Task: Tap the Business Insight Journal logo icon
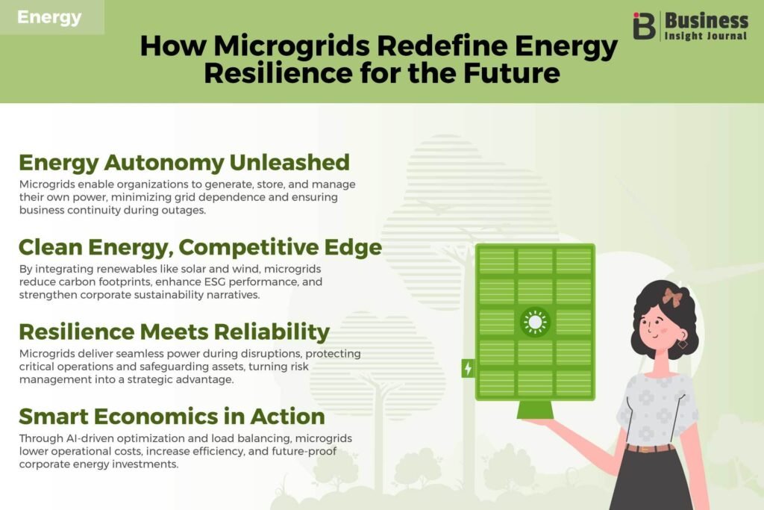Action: pyautogui.click(x=644, y=26)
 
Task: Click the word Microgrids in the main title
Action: pyautogui.click(x=292, y=46)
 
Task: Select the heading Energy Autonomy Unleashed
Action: pyautogui.click(x=184, y=163)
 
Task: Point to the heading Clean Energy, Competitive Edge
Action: pyautogui.click(x=200, y=248)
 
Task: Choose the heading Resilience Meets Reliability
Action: pyautogui.click(x=175, y=332)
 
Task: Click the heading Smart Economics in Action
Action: pyautogui.click(x=172, y=417)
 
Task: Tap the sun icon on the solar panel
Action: pyautogui.click(x=535, y=323)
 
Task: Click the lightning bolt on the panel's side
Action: pyautogui.click(x=468, y=368)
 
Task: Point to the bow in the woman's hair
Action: pyautogui.click(x=671, y=297)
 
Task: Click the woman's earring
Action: pyautogui.click(x=682, y=343)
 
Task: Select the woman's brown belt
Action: pyautogui.click(x=650, y=447)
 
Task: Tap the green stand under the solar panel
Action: pyautogui.click(x=535, y=409)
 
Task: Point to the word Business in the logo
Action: pyautogui.click(x=706, y=21)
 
